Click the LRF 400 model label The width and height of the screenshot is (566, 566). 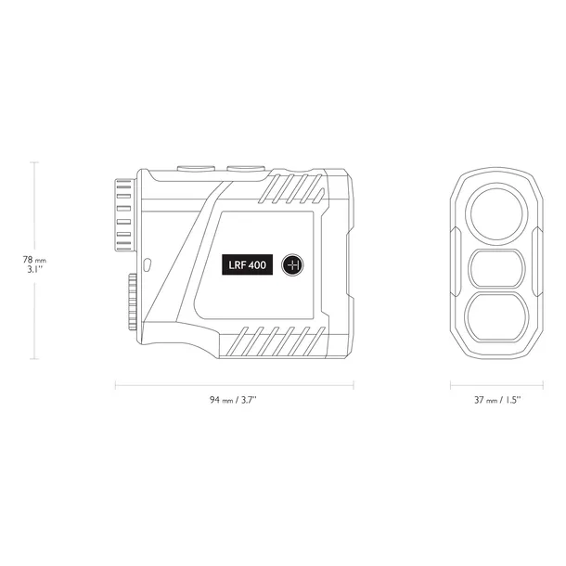coord(247,264)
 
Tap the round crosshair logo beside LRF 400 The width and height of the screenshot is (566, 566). coord(292,265)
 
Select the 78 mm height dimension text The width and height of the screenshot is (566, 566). coord(34,260)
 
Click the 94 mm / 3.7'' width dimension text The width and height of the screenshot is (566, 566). coord(233,400)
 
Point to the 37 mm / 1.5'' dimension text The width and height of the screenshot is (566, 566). coord(497,400)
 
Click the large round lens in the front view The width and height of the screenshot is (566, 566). coord(496,214)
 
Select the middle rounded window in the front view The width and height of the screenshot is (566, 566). coord(496,268)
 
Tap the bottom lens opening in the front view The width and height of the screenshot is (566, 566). coord(496,317)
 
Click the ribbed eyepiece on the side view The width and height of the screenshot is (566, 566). coord(124,215)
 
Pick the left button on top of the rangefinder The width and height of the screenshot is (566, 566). coord(196,168)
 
